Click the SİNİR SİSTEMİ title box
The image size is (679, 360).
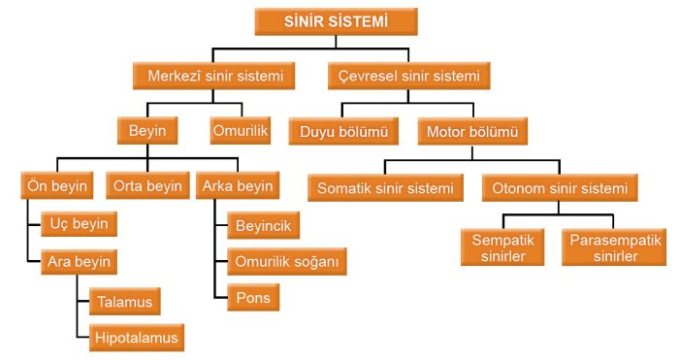point(336,21)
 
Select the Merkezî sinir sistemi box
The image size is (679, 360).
point(213,75)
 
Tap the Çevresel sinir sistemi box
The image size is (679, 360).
point(408,75)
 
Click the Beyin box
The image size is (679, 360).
point(147,129)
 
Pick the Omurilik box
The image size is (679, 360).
point(240,129)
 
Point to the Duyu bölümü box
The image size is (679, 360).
point(343,130)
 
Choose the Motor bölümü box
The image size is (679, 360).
point(472,130)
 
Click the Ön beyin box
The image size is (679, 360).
point(57,185)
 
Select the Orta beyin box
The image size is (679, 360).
point(147,185)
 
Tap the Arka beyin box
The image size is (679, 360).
point(237,185)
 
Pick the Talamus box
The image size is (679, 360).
point(124,301)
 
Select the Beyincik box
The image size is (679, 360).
point(263,226)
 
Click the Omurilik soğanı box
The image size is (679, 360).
point(286,261)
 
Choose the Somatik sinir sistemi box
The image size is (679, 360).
point(385,187)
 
